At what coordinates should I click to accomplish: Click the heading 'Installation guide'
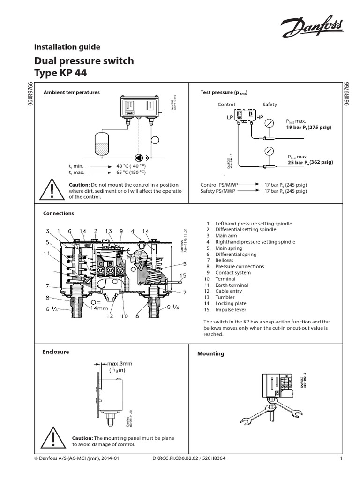point(67,47)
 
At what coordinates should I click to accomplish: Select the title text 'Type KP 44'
point(60,74)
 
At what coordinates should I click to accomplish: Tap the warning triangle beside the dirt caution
point(52,191)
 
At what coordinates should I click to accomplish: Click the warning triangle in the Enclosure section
point(52,440)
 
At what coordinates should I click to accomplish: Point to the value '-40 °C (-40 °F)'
point(130,166)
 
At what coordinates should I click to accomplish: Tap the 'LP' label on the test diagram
point(230,117)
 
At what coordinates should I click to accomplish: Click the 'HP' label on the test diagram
point(260,117)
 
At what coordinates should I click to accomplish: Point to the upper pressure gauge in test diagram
point(269,124)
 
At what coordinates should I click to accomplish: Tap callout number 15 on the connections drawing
point(183,275)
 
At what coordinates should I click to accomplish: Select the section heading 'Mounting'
point(210,353)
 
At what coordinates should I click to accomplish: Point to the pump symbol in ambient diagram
point(139,158)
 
